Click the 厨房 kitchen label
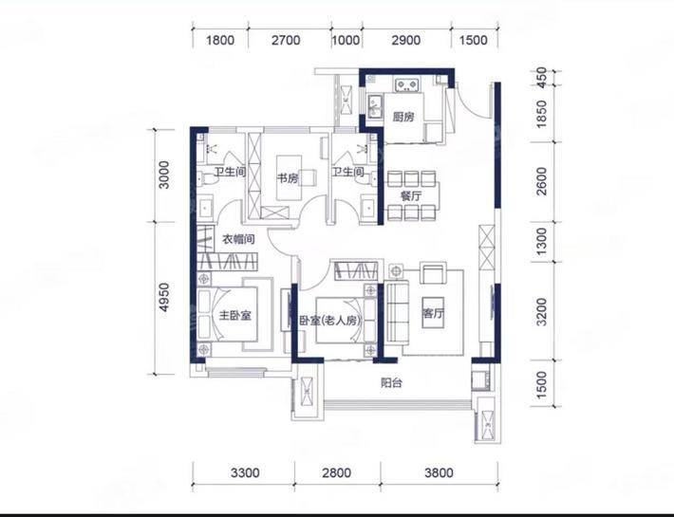coord(403,117)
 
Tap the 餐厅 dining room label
coord(411,196)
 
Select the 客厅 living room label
coord(433,313)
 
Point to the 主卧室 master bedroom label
coord(234,316)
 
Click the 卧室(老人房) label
coord(329,321)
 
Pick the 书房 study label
coord(288,177)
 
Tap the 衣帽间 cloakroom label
coord(237,239)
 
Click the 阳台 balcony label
coord(391,382)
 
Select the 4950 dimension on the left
coord(164,297)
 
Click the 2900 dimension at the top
coord(405,41)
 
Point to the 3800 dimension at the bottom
coord(439,472)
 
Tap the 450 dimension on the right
coord(542,77)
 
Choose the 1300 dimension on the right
coord(542,241)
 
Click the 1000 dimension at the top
coord(346,41)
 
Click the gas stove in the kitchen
coord(406,85)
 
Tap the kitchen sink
coord(374,105)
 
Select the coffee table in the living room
coord(433,312)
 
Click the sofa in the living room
coord(396,312)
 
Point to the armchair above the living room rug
coord(433,272)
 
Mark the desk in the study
coord(289,177)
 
